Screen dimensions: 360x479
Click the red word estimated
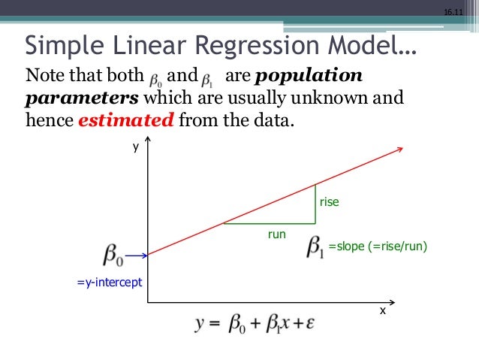tap(125, 119)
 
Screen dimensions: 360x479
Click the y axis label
tap(136, 148)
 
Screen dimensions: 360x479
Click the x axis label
tap(382, 310)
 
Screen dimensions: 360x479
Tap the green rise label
tap(330, 202)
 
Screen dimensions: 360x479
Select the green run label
tap(277, 234)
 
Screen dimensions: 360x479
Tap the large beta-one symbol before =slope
tap(315, 247)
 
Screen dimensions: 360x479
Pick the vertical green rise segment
tap(315, 204)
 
